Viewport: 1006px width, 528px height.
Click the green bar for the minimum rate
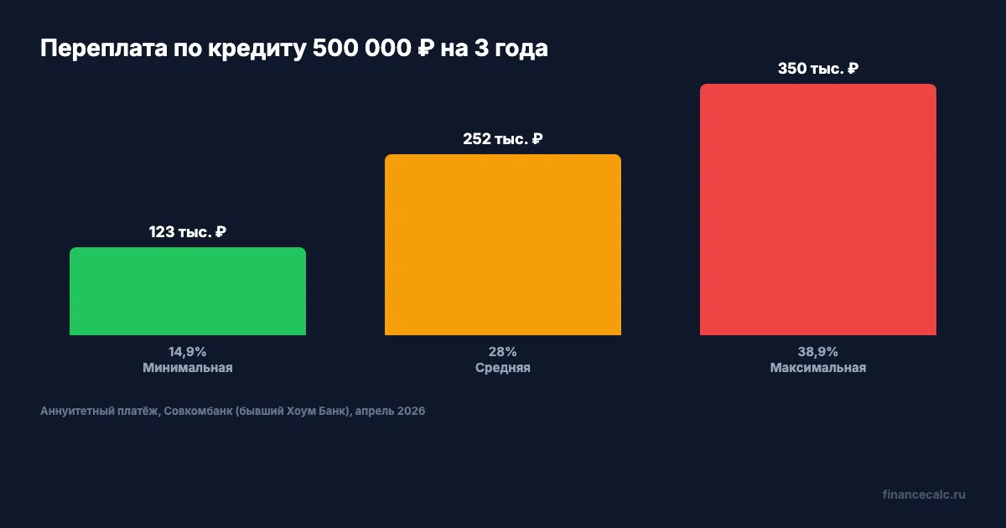[x=188, y=292]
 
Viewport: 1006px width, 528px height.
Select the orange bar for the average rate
[x=503, y=245]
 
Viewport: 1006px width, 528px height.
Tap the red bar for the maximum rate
[x=818, y=210]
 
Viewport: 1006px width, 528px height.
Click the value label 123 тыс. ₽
[x=188, y=232]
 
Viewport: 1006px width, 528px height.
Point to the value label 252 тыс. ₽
[x=503, y=139]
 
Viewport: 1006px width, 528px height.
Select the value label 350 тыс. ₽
[x=818, y=69]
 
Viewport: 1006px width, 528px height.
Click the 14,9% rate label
[x=188, y=351]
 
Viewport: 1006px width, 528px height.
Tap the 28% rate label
[x=503, y=351]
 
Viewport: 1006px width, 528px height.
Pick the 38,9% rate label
[x=818, y=351]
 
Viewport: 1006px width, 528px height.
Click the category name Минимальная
[x=188, y=368]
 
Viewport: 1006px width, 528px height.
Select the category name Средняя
[x=503, y=368]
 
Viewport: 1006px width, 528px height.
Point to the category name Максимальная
[x=818, y=368]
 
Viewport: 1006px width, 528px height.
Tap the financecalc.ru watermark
[x=924, y=494]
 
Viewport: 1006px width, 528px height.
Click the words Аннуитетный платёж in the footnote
[x=98, y=412]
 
